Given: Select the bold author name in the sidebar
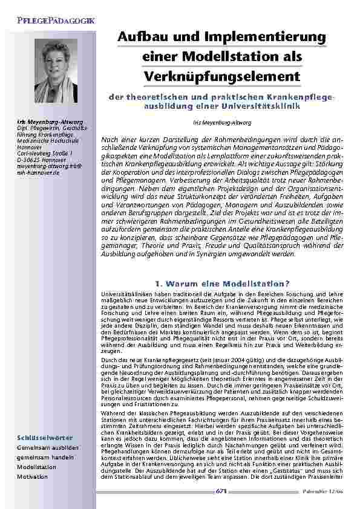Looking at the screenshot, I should pyautogui.click(x=42, y=123).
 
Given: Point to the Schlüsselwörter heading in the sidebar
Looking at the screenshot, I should pyautogui.click(x=45, y=437).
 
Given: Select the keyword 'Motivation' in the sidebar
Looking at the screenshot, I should pyautogui.click(x=32, y=477).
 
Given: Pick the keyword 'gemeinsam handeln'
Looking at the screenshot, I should pyautogui.click(x=46, y=458).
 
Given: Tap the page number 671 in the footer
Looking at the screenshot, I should pyautogui.click(x=221, y=492).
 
